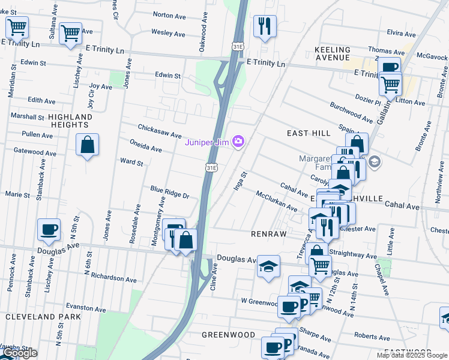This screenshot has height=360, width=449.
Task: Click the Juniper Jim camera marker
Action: click(x=239, y=142)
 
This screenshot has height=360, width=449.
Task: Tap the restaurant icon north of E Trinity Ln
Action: click(x=265, y=26)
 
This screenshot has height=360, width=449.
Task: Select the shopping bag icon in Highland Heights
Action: click(x=88, y=145)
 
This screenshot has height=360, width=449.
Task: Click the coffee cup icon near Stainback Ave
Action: click(x=49, y=229)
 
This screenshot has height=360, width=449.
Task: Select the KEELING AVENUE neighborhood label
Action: click(x=331, y=53)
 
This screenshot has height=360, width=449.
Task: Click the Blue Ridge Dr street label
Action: click(x=169, y=192)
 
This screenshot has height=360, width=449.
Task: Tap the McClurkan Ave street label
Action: click(x=276, y=200)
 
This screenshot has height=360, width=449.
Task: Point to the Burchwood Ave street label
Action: click(x=352, y=112)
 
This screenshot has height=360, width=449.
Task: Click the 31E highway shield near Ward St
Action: click(x=211, y=167)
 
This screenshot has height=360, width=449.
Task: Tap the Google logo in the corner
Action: click(x=19, y=353)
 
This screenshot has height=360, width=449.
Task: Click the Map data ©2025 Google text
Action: click(x=411, y=355)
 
